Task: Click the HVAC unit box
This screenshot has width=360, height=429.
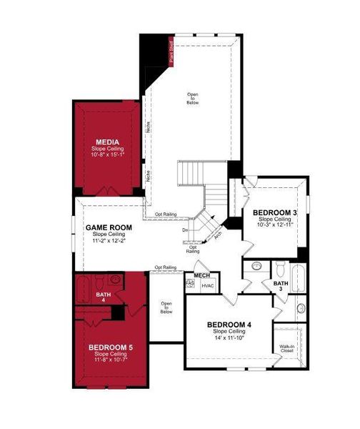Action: point(208,286)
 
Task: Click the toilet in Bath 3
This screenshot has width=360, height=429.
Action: point(281,270)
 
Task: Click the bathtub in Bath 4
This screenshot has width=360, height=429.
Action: point(83,290)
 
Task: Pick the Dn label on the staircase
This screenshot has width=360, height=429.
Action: point(185,230)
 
